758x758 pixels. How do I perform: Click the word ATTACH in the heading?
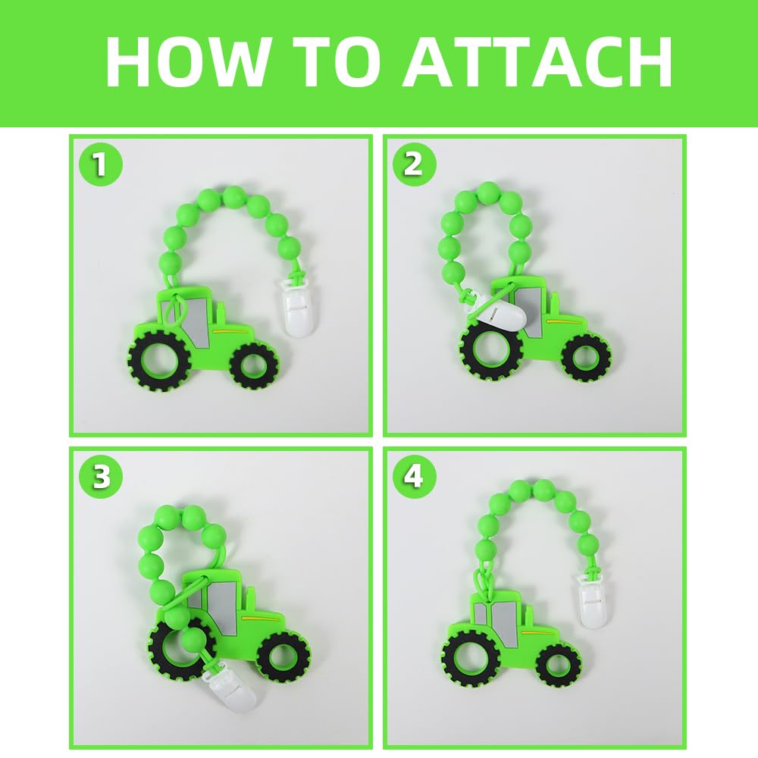(537, 61)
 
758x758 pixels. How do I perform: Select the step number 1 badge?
(101, 164)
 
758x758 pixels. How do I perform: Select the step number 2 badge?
(414, 164)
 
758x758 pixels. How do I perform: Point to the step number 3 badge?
(101, 477)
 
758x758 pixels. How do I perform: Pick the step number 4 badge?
(414, 477)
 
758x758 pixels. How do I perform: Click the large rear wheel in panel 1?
(158, 361)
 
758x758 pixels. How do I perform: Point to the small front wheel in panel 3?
(283, 657)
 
